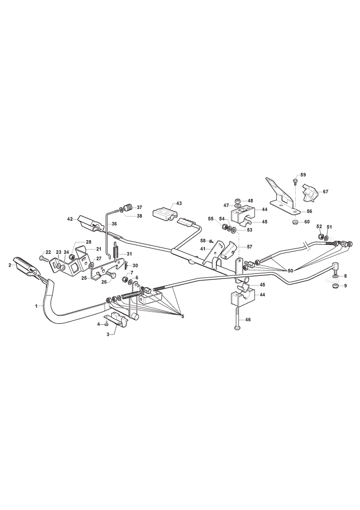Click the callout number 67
pos(325,192)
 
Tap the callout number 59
pos(303,175)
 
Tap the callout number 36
pos(114,224)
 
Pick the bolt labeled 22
pos(43,258)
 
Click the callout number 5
pos(183,316)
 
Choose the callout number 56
pos(309,212)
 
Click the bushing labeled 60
pos(295,222)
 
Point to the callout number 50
pos(290,270)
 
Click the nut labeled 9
pos(336,286)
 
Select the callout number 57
pos(249,247)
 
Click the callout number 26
pos(104,282)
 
